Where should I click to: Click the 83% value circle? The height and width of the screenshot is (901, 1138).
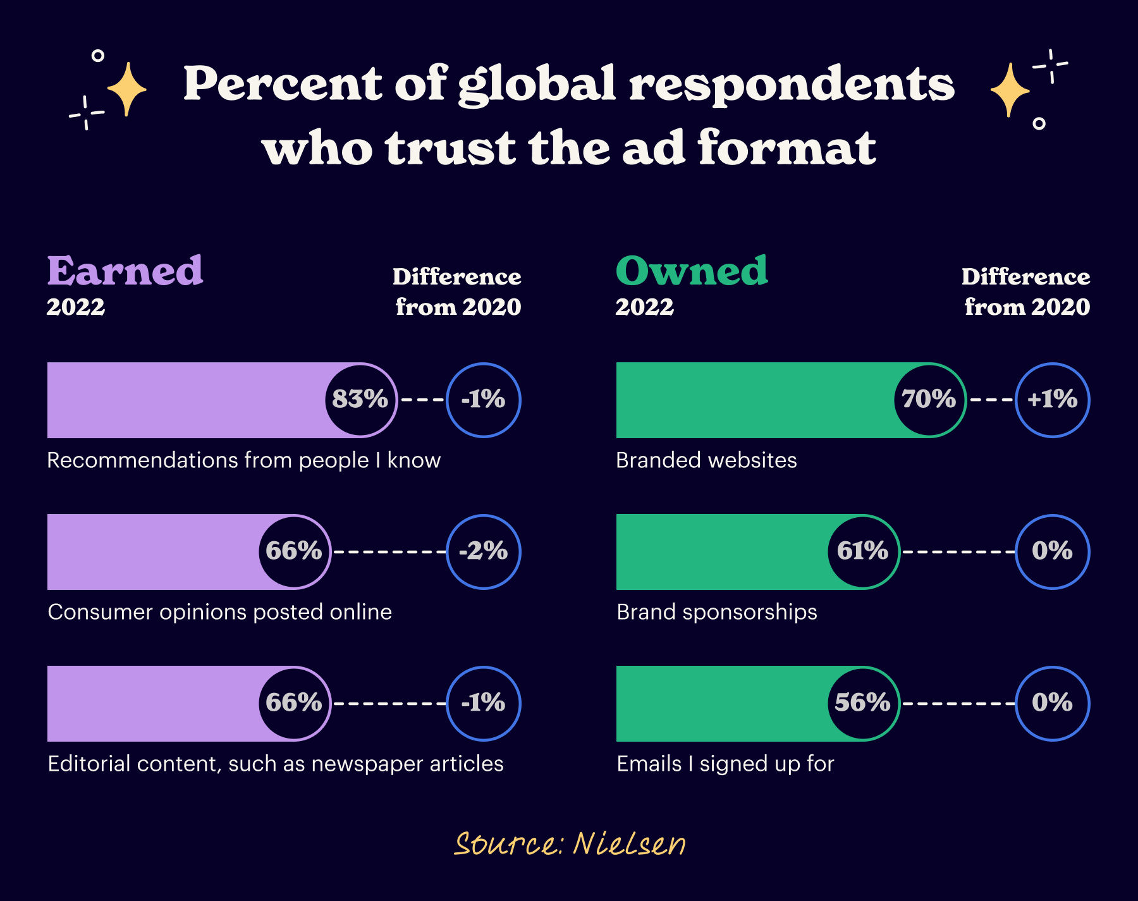click(x=360, y=400)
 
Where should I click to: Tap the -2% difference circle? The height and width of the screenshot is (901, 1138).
click(x=484, y=551)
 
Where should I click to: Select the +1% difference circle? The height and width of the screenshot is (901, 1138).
click(x=1053, y=400)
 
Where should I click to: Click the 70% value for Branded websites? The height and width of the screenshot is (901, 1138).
click(x=929, y=400)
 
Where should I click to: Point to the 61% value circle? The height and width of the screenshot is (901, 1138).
click(x=863, y=551)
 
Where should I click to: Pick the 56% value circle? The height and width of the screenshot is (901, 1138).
click(x=863, y=703)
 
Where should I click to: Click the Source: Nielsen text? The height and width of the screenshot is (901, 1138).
click(x=569, y=844)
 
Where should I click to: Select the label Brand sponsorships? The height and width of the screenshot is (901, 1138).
click(x=716, y=612)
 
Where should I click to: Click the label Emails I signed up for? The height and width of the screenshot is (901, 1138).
click(x=725, y=764)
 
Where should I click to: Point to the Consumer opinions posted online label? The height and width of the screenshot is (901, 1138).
click(x=219, y=612)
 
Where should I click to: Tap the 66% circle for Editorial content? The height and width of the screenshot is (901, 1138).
click(x=294, y=703)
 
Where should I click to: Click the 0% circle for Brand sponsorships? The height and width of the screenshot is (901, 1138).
click(x=1053, y=551)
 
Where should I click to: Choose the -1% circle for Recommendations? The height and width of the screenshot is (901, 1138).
click(x=484, y=400)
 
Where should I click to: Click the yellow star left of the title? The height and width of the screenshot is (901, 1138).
click(x=127, y=89)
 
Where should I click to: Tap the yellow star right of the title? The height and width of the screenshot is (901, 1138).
click(x=1010, y=90)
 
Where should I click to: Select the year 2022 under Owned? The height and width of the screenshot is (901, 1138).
click(x=644, y=307)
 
